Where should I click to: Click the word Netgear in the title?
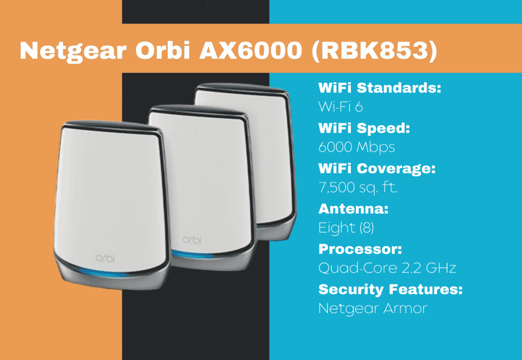(73, 50)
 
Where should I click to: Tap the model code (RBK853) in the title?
(374, 50)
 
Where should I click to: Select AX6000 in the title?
(251, 50)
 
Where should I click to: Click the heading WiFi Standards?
(379, 88)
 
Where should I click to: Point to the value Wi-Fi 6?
(340, 107)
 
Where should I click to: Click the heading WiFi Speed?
(364, 128)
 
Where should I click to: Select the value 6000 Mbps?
(356, 147)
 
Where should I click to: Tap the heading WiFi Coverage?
(377, 169)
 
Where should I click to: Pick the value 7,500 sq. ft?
(358, 188)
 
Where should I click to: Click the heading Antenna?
(353, 209)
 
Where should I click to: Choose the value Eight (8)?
(346, 228)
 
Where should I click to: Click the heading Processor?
(360, 249)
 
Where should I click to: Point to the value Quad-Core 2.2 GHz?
(387, 268)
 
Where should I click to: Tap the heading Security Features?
(390, 290)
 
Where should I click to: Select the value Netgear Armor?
(373, 308)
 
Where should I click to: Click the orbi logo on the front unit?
(105, 258)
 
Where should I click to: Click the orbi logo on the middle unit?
(192, 239)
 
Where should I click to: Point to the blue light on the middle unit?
(192, 255)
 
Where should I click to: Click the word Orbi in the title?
(163, 50)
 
